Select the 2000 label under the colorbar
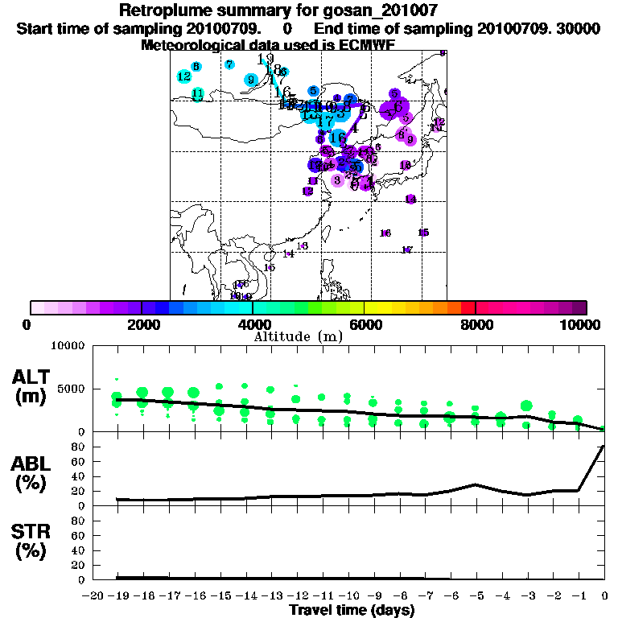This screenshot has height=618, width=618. coord(142,325)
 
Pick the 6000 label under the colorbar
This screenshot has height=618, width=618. coord(365,325)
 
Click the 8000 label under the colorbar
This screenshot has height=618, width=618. coord(476,325)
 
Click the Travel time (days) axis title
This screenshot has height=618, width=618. coord(352,611)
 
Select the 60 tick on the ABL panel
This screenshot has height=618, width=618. coord(79,462)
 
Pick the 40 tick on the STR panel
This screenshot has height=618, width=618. coord(79,550)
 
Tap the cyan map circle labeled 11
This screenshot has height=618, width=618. coord(198,94)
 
